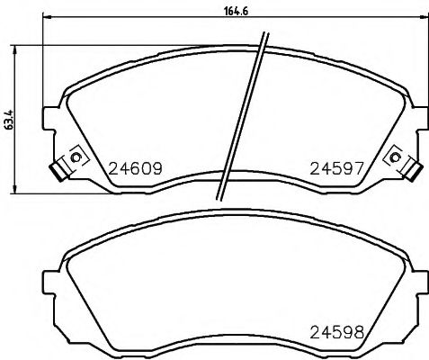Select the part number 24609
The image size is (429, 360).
click(x=135, y=167)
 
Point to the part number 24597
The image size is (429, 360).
click(x=337, y=167)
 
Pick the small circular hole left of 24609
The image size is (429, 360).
click(x=76, y=159)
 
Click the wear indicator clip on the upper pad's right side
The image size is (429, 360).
click(x=412, y=168)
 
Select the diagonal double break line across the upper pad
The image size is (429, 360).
click(x=241, y=117)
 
